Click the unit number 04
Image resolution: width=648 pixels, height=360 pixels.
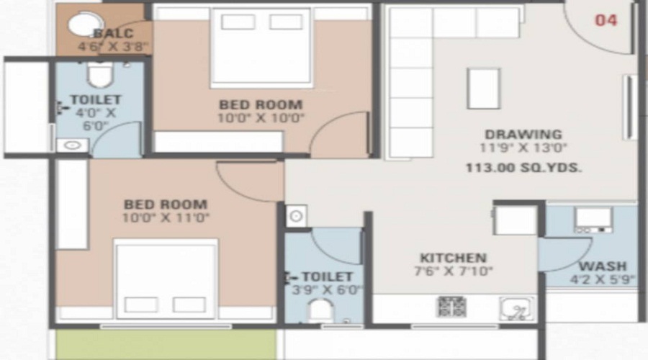pos(606,20)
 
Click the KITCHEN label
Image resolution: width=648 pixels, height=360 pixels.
pos(453,258)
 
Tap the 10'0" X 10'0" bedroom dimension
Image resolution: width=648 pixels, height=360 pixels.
pos(261,118)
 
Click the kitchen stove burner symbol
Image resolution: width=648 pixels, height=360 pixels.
pos(451,306)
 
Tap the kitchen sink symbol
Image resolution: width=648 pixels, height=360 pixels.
pos(516,309)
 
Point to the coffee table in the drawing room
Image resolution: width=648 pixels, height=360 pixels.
pos(483,88)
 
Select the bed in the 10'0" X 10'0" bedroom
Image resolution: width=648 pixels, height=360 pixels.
pos(261,48)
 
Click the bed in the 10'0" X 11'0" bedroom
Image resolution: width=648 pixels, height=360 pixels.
pos(166,278)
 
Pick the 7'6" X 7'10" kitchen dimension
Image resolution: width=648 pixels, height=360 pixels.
pos(453,271)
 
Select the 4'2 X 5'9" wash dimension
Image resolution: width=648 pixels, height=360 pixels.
pos(603,279)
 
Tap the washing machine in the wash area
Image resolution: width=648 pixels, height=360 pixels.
pos(593,219)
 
